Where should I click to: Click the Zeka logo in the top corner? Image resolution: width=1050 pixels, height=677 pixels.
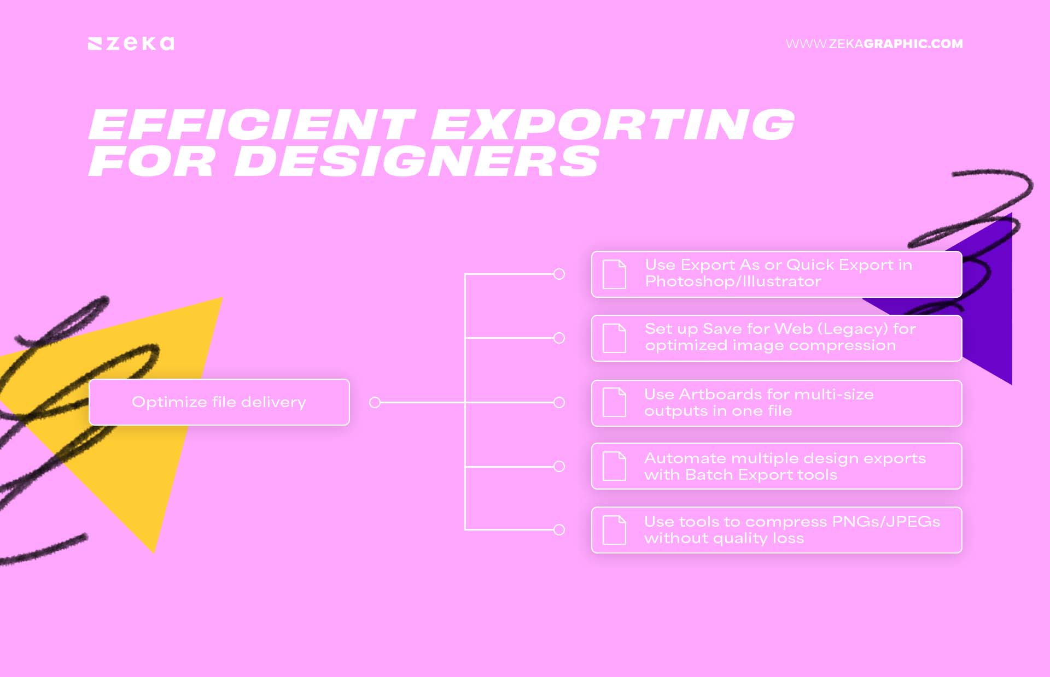(131, 44)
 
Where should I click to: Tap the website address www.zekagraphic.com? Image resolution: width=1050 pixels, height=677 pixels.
(874, 44)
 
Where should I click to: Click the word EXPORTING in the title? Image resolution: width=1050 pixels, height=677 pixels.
(612, 125)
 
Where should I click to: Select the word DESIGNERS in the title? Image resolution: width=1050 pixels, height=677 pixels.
(417, 162)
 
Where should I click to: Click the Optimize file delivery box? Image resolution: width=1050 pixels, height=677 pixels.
(219, 402)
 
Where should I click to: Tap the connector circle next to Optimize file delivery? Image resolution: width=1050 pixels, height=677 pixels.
(375, 403)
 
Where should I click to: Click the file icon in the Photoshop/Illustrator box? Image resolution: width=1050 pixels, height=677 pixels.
(614, 274)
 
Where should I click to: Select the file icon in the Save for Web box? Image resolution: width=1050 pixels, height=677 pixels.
(614, 338)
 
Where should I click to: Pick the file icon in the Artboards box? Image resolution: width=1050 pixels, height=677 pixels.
(614, 403)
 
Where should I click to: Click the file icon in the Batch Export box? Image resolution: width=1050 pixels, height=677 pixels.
(614, 466)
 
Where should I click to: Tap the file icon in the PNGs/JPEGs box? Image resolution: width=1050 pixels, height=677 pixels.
(614, 530)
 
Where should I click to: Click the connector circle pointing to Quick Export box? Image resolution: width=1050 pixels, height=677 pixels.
(559, 274)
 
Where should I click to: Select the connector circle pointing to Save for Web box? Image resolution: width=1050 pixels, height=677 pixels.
(559, 338)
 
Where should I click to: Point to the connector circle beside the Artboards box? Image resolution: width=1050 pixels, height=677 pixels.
(559, 403)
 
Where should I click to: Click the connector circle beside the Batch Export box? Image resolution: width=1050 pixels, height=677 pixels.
(559, 466)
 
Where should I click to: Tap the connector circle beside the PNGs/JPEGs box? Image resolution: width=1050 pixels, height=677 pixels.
(559, 530)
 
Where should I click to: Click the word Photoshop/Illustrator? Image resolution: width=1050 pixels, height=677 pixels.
(733, 282)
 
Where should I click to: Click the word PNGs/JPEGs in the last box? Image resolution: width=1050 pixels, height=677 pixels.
(885, 522)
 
